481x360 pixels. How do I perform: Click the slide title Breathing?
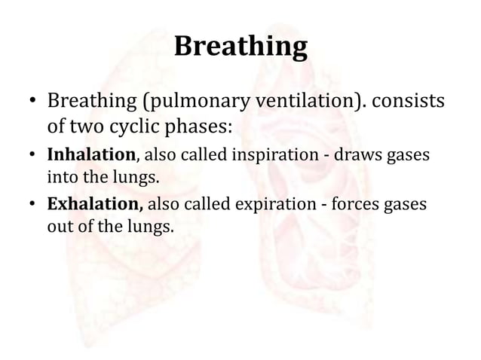(240, 47)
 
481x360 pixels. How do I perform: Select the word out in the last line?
(59, 225)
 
